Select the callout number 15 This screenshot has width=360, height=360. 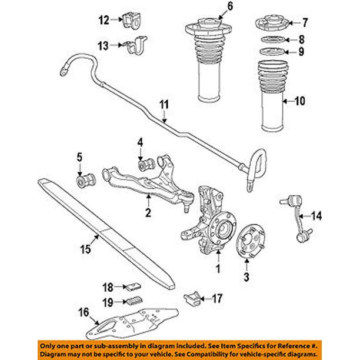[85, 249]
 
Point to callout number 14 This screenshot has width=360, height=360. [316, 216]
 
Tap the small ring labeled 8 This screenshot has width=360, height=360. [269, 40]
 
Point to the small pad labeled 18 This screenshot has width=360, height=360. [133, 287]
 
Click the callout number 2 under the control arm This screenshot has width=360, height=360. [149, 212]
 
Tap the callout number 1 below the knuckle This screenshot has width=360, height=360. [219, 269]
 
